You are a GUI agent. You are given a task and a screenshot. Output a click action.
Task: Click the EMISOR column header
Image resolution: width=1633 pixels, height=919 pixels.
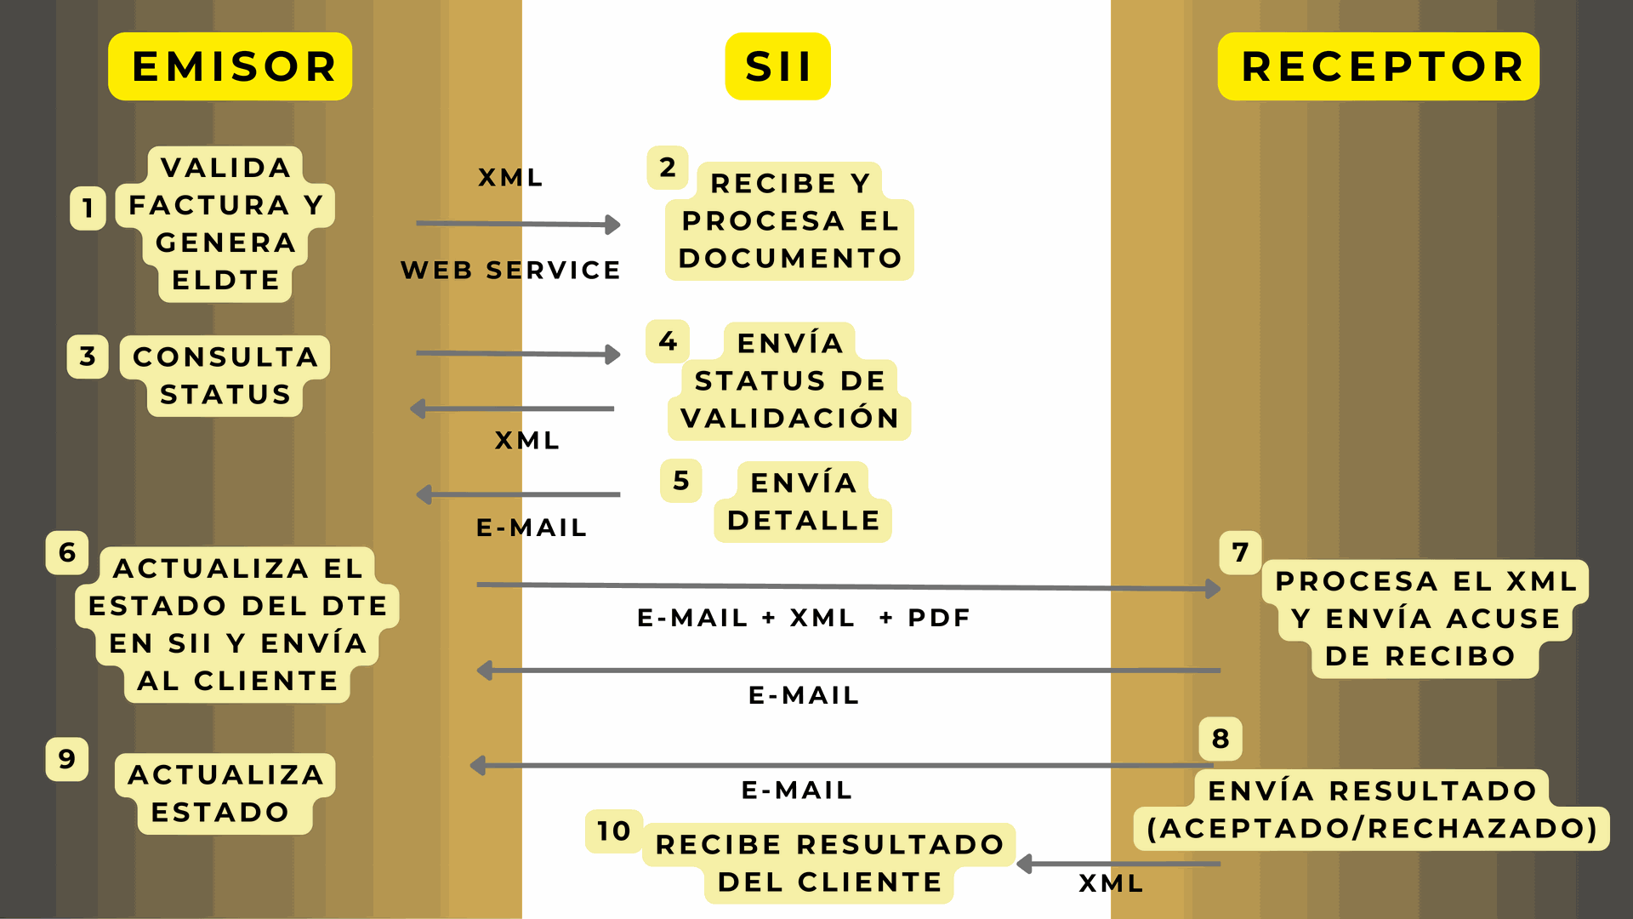(230, 66)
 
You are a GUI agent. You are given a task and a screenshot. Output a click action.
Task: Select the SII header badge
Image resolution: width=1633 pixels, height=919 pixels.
(777, 66)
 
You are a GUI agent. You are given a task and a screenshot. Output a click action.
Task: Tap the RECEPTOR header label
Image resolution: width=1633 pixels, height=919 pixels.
(1379, 66)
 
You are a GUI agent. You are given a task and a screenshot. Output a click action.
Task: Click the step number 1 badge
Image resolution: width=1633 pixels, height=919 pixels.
(88, 208)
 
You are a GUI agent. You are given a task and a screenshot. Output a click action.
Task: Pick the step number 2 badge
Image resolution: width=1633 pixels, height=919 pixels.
(668, 168)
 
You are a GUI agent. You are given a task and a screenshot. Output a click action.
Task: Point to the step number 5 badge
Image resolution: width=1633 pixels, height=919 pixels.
(680, 481)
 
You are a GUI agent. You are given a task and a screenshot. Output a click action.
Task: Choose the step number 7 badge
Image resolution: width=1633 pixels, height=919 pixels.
(1240, 553)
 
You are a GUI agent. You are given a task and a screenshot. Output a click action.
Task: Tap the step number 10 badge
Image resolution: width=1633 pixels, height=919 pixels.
(613, 831)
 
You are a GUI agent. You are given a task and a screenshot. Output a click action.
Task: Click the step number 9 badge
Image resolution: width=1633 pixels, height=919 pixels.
(67, 759)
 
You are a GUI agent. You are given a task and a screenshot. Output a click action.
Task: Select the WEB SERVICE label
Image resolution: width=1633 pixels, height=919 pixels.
(510, 271)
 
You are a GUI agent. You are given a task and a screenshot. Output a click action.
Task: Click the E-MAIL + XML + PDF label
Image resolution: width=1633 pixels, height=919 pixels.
(804, 618)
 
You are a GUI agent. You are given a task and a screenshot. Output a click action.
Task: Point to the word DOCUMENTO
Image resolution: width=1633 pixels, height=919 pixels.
(790, 259)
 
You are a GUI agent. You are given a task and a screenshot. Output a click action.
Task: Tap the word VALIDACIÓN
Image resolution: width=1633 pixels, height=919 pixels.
(790, 419)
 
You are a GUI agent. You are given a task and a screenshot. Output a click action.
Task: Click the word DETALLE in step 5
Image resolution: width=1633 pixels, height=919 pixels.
(804, 521)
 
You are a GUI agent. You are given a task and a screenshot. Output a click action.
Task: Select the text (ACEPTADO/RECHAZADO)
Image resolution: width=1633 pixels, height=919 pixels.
(1372, 829)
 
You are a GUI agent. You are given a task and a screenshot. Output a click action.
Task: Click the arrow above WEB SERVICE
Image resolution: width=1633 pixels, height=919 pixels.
(518, 224)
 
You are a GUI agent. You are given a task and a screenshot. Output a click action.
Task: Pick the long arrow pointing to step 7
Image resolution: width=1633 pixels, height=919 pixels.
(848, 587)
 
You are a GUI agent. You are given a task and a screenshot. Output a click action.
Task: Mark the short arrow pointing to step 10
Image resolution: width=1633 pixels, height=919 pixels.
(1118, 865)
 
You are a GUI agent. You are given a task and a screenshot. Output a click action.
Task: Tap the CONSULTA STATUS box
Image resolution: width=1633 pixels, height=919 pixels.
(225, 376)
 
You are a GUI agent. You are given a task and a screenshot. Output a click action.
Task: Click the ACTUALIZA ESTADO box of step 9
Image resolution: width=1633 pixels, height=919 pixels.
(225, 793)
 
